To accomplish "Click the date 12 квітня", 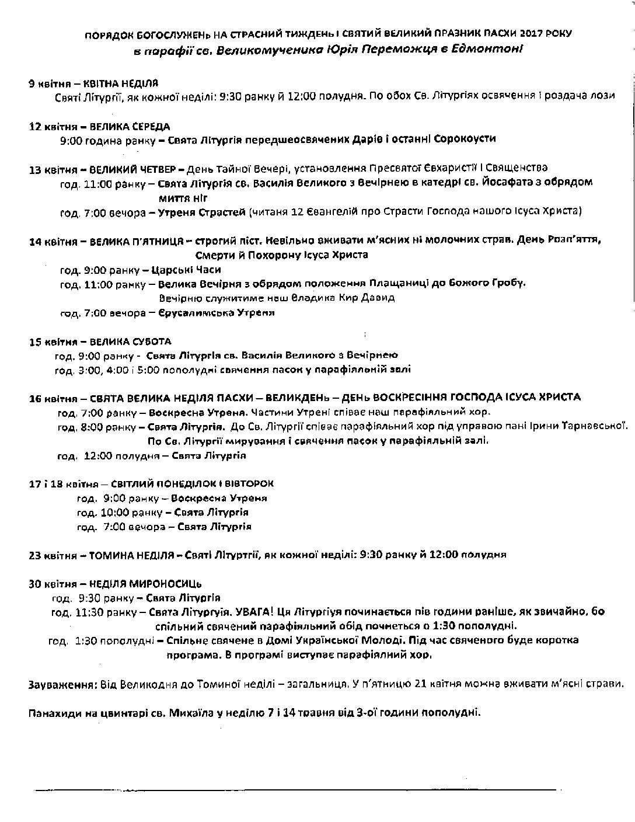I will pyautogui.click(x=51, y=127).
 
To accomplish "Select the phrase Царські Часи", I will pyautogui.click(x=186, y=270).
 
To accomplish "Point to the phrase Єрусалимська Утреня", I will pyautogui.click(x=216, y=313).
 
